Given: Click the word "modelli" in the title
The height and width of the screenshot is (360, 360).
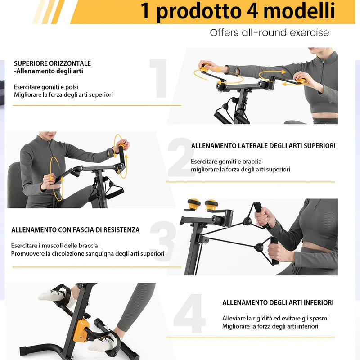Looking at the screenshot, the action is tap(299, 10).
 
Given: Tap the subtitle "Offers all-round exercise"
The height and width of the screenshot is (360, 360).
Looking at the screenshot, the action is tap(269, 32).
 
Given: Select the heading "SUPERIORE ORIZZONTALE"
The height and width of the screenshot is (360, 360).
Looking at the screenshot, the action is tap(52, 63).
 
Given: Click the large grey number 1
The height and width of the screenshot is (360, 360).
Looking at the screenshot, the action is tap(159, 78).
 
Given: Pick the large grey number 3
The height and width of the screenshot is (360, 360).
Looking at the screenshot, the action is tap(163, 241).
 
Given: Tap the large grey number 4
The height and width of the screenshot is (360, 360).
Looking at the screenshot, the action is tap(189, 313).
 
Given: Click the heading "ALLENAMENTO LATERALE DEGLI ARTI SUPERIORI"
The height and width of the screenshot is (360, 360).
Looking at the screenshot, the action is tap(263, 146).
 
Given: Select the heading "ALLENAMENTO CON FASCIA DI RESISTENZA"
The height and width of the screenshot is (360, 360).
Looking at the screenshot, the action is tap(75, 230).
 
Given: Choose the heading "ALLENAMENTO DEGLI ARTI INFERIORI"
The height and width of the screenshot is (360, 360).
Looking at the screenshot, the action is tap(278, 302).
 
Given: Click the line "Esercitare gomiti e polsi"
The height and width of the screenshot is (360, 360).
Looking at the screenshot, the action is tap(46, 87).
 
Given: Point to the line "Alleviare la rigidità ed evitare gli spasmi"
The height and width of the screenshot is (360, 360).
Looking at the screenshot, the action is tap(275, 319).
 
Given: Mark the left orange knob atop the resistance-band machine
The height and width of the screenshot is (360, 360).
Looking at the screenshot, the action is tap(194, 204).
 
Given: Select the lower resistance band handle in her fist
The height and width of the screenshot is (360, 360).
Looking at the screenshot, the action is tap(274, 251).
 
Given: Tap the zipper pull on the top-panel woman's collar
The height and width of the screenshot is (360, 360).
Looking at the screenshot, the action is tap(323, 62).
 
